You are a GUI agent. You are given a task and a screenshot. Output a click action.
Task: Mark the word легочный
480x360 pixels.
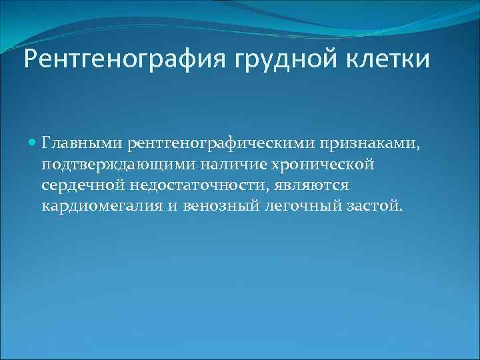[x=300, y=205]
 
